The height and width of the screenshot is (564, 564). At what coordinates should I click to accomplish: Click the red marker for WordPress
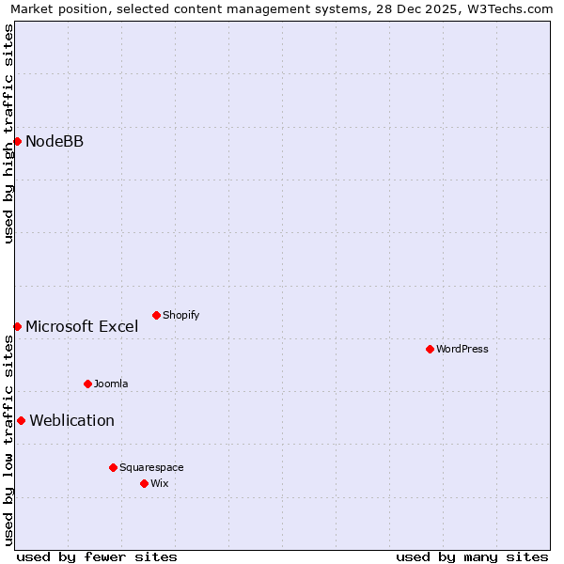430,349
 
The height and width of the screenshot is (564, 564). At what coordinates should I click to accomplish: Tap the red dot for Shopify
156,315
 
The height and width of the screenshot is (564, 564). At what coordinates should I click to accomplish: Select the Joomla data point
87,384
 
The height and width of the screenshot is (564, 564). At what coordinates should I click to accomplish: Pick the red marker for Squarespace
113,467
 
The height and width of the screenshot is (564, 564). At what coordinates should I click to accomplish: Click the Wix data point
144,483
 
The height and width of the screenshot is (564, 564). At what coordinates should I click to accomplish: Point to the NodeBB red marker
17,141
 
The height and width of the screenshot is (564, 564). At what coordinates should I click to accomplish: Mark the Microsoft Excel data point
17,326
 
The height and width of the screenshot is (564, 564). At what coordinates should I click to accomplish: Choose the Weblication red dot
21,420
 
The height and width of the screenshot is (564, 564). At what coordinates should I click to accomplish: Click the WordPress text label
462,349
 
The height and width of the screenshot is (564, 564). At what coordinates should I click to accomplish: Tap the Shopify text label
180,315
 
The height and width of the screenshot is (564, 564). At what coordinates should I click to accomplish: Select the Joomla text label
111,384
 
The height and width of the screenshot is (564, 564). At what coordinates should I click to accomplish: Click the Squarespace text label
151,467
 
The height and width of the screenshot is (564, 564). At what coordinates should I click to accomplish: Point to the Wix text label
159,483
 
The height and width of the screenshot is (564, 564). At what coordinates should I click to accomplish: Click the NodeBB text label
55,141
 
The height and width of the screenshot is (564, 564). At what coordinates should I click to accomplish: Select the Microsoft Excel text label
82,326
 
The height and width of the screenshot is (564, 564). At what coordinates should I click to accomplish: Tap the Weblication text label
72,420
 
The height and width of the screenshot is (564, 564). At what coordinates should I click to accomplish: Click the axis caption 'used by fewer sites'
97,556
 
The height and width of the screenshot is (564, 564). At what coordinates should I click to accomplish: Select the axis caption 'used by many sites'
472,556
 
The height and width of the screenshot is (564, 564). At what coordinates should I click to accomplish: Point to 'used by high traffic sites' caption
8,133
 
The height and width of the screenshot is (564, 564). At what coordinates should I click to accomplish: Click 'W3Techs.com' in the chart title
513,9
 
